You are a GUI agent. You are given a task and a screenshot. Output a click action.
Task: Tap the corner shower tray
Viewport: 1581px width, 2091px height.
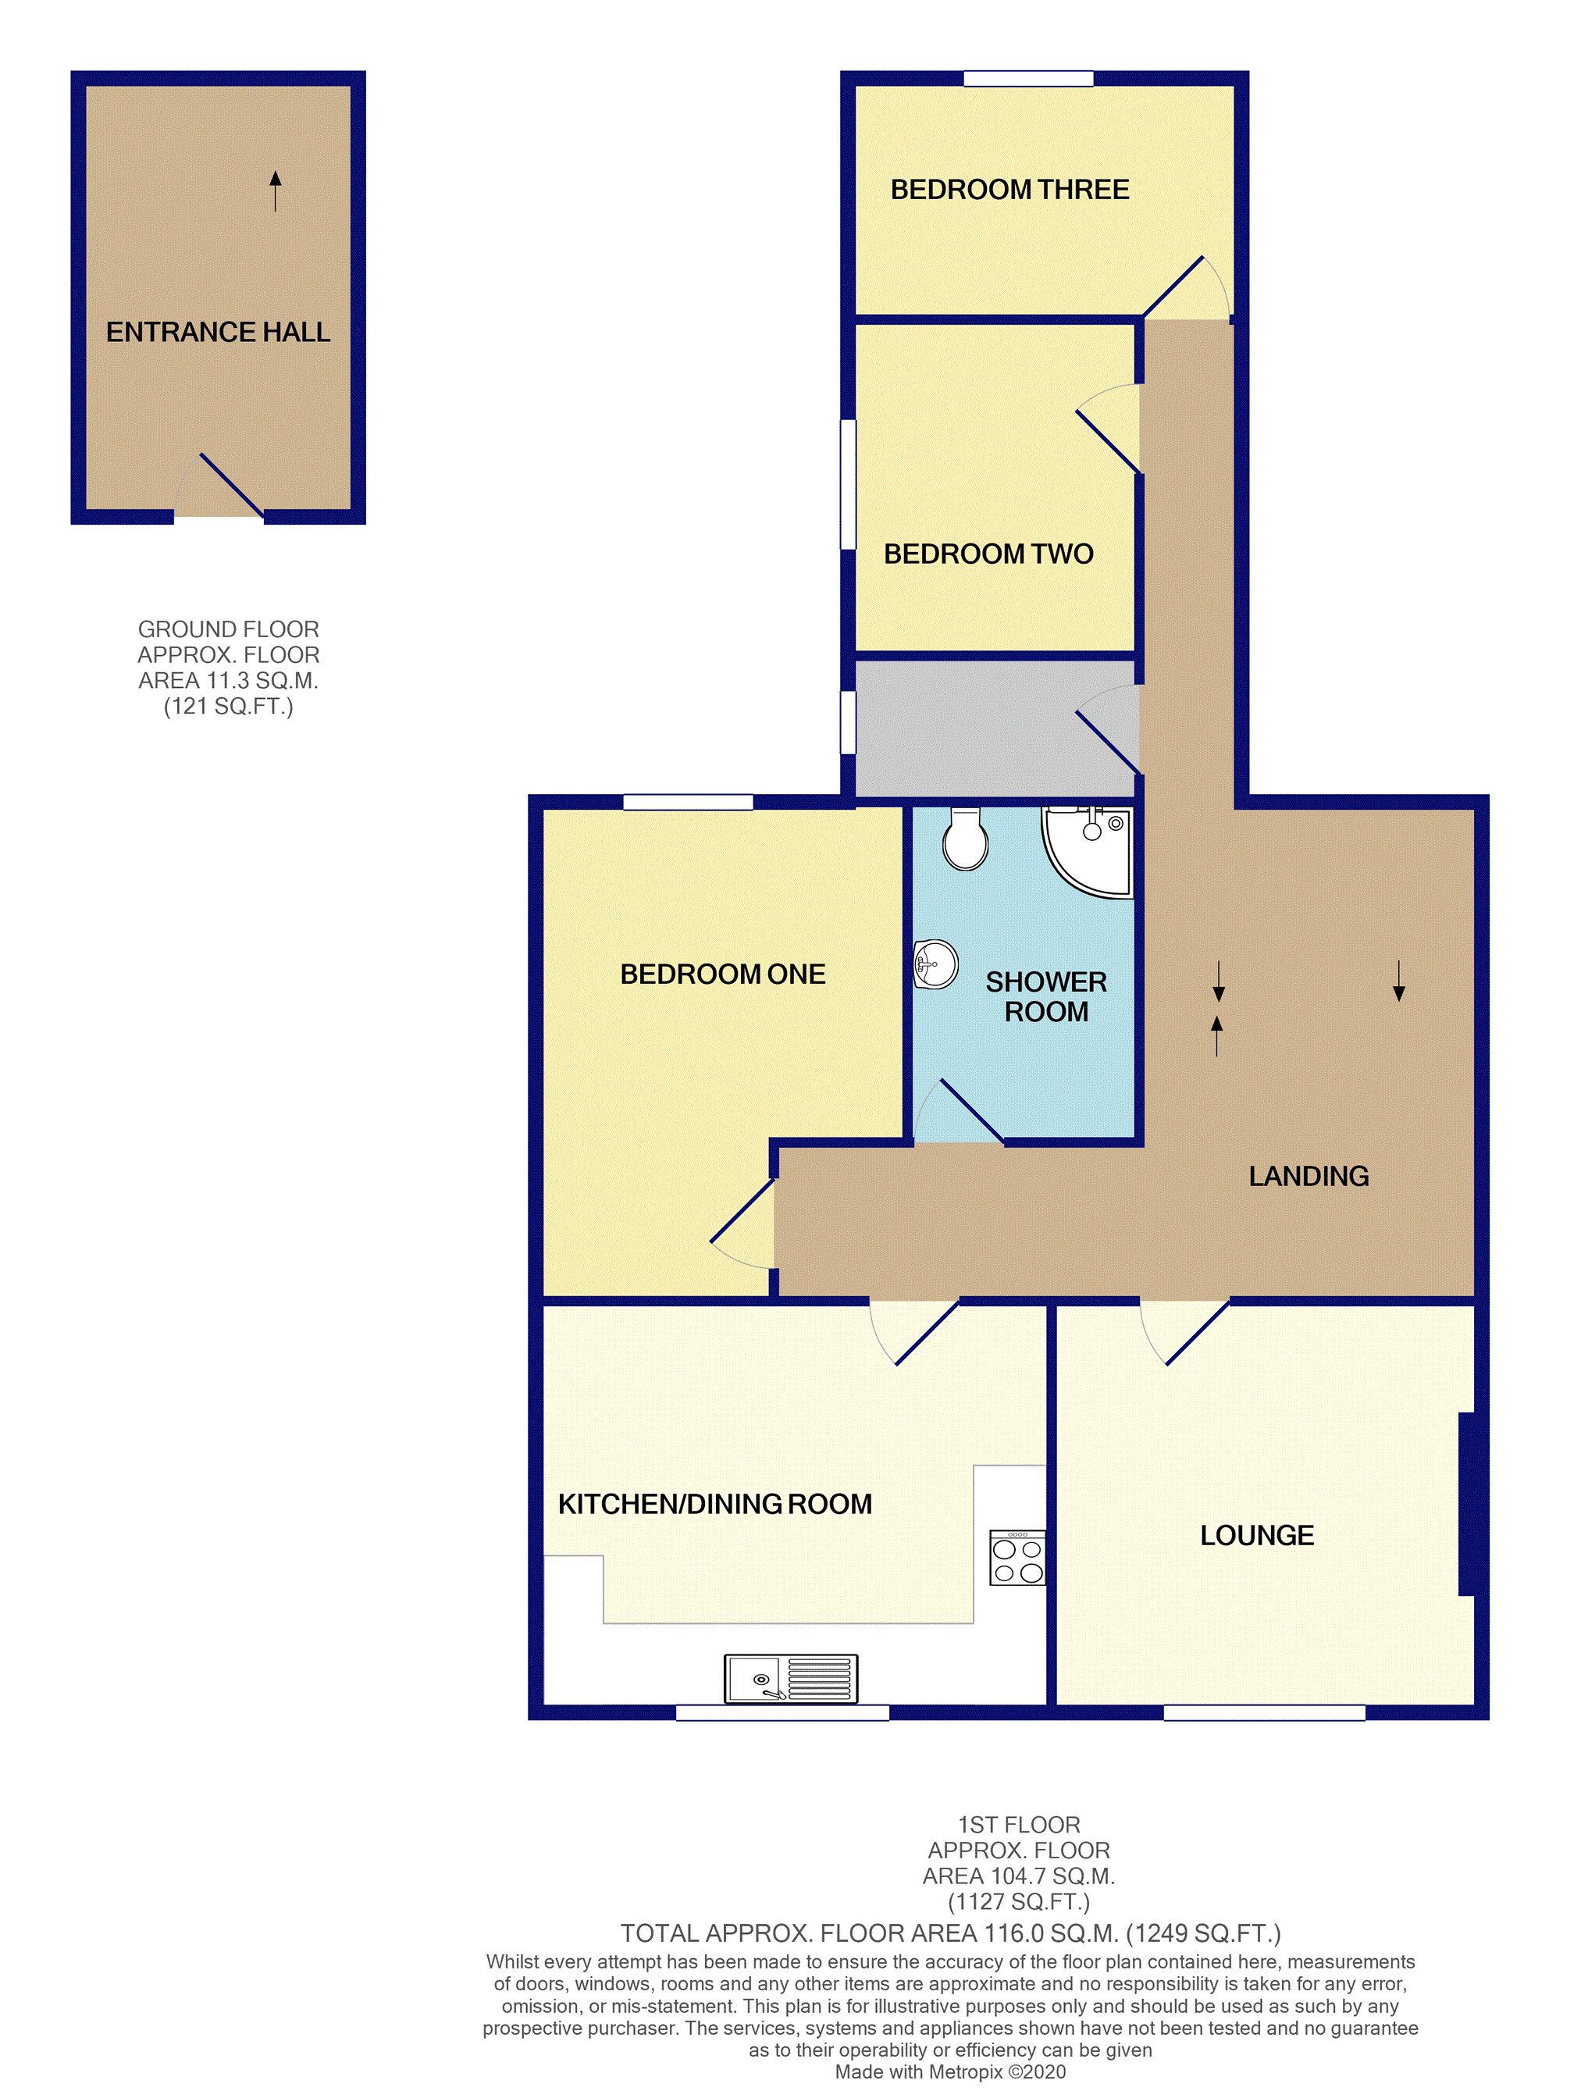[x=1086, y=850]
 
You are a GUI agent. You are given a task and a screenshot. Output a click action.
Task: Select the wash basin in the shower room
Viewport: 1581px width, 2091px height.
[x=935, y=965]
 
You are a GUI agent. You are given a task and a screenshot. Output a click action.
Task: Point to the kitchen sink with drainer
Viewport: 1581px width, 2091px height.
[x=790, y=1678]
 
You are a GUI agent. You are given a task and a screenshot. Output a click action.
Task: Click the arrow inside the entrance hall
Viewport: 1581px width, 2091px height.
[x=275, y=191]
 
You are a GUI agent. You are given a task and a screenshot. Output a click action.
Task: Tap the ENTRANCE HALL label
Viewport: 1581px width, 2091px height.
[x=219, y=332]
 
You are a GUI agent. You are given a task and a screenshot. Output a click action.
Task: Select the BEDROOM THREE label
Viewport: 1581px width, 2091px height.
[x=1009, y=189]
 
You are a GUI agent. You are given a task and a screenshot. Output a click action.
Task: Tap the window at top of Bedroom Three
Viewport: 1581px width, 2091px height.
[x=1028, y=78]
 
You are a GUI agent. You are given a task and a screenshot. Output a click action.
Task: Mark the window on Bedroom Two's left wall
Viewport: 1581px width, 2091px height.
[x=848, y=484]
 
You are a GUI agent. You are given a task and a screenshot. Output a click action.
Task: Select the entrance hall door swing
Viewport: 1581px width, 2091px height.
[x=219, y=485]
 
